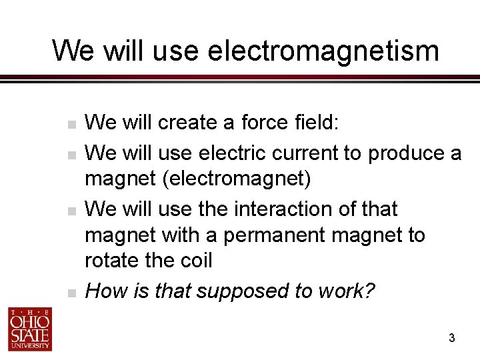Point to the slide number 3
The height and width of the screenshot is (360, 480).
pyautogui.click(x=451, y=339)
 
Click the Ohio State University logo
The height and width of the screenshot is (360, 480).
pyautogui.click(x=30, y=329)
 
